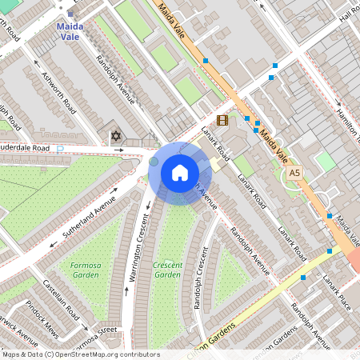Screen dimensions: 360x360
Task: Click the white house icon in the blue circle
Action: [179, 173]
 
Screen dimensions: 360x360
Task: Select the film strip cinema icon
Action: [222, 121]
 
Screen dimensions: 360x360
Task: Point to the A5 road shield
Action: [295, 172]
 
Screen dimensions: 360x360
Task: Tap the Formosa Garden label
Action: [78, 270]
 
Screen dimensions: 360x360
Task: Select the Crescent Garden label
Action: [168, 270]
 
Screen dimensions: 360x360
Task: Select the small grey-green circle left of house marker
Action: [154, 162]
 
